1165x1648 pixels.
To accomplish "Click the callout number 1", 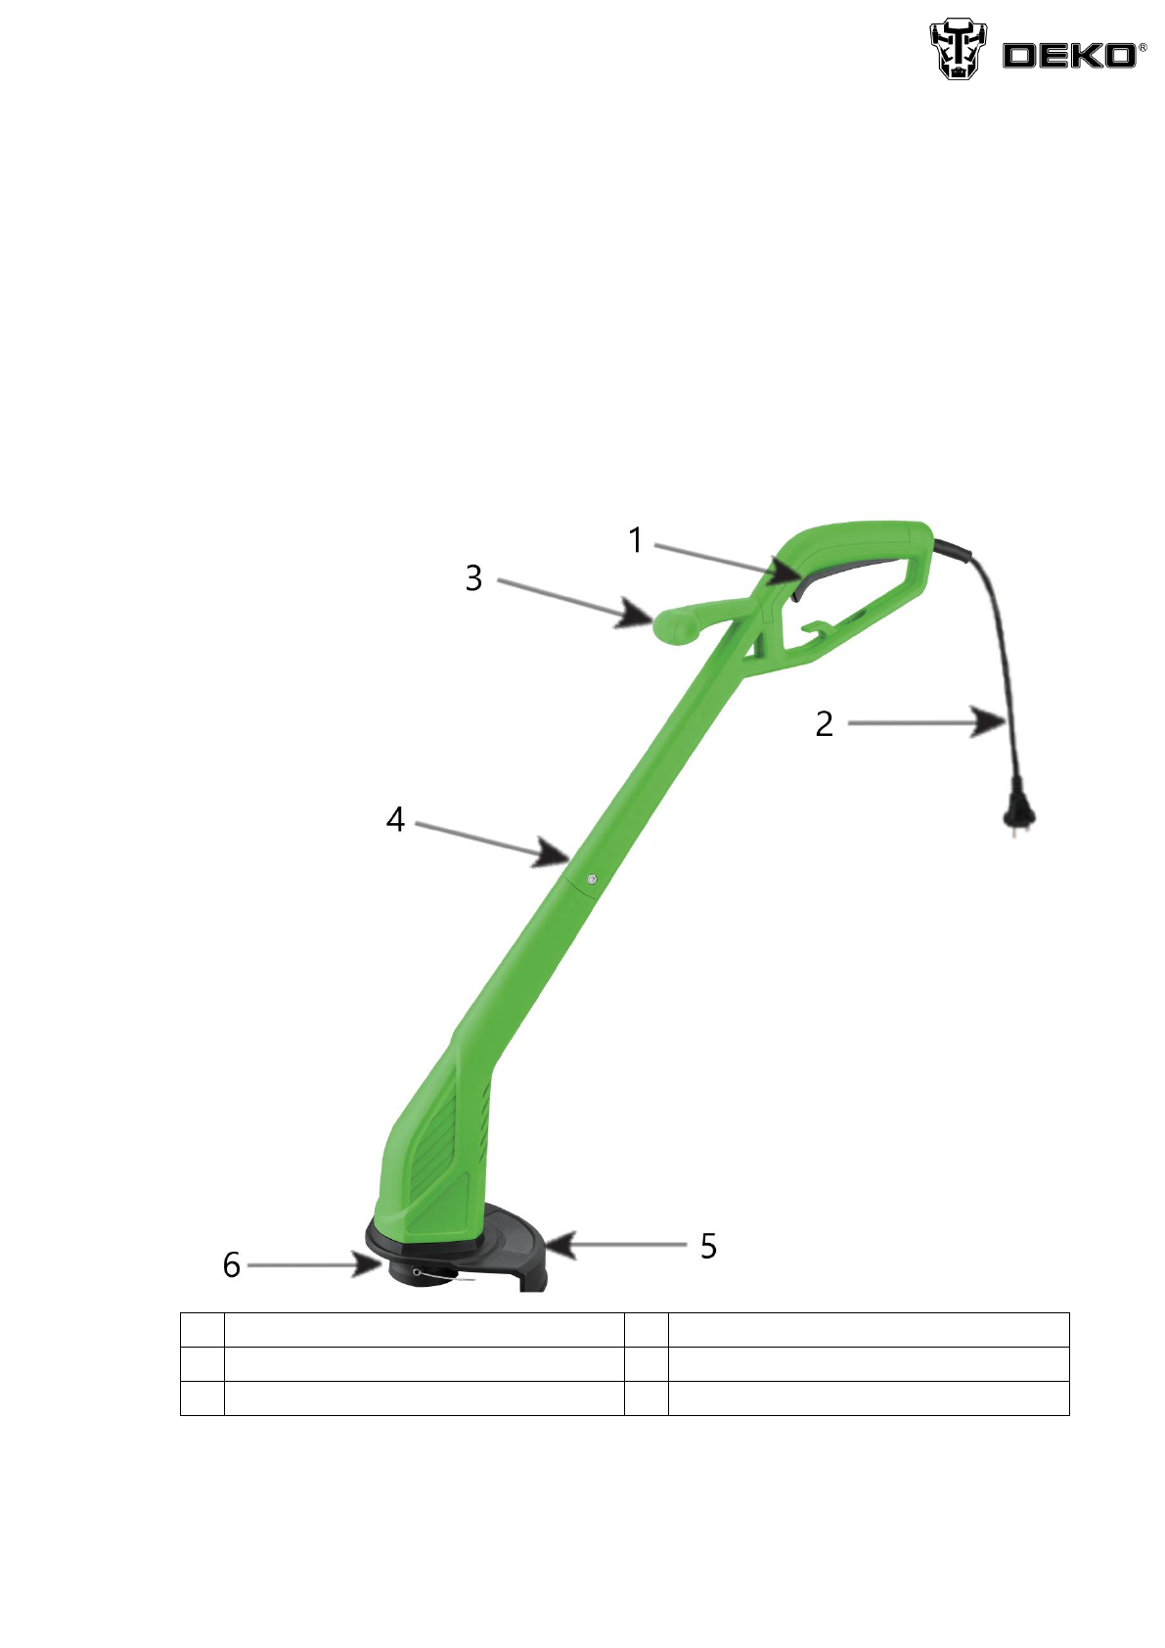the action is point(636,541).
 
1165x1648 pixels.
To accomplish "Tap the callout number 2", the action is point(825,724).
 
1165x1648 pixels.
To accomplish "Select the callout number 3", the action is point(474,578).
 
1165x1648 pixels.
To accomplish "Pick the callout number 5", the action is point(708,1247).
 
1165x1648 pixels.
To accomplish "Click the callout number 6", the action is point(232,1265).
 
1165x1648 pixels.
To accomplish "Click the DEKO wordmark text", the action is point(1069,56).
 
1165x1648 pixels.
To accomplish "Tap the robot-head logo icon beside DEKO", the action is point(959,49).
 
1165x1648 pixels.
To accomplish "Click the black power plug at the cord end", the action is point(1019,817).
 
